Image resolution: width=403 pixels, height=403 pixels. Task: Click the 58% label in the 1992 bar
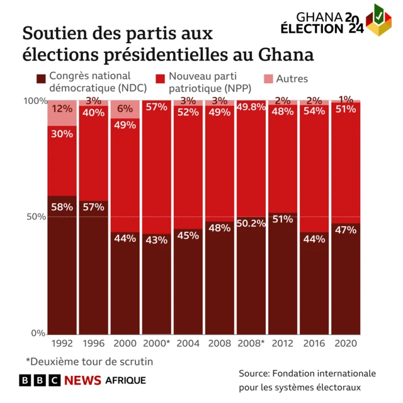[x=62, y=207]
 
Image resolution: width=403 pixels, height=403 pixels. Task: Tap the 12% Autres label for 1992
[x=62, y=108]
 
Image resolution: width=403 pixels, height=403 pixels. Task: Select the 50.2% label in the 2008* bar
[x=251, y=224]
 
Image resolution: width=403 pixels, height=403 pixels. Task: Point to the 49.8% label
[x=251, y=106]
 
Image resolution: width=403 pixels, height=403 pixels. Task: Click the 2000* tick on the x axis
[x=156, y=343]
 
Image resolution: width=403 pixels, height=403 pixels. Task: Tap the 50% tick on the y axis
[x=35, y=217]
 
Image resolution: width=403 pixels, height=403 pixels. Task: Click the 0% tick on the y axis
[x=38, y=333]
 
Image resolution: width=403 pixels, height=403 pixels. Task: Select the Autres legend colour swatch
[x=267, y=79]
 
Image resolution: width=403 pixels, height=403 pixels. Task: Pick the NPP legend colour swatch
[x=160, y=79]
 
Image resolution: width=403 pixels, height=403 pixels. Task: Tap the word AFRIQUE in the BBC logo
[x=125, y=380]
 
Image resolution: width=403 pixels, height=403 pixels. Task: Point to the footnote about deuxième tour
[x=89, y=361]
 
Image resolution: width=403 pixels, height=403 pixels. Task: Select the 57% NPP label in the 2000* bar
[x=156, y=107]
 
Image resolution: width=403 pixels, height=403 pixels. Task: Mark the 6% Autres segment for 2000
[x=125, y=109]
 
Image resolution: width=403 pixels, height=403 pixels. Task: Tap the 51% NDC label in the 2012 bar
[x=282, y=219]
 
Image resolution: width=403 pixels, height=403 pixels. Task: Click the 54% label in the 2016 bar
[x=314, y=111]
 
